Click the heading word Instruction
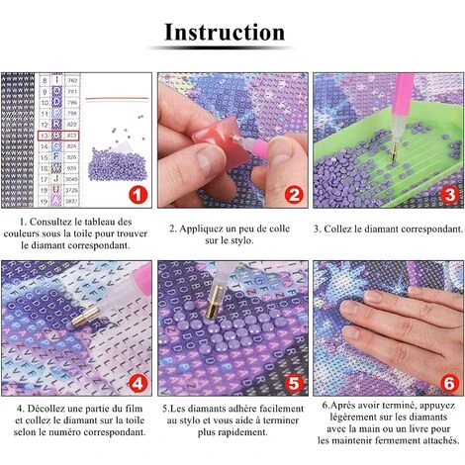coord(225,33)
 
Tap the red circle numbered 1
coord(138,195)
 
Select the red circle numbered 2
coord(294,195)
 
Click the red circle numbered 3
coord(450,195)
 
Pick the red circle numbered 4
coord(138,383)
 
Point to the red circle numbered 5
coord(294,383)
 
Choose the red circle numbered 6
coord(450,383)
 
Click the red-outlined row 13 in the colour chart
coord(58,136)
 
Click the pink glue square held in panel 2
coord(219,139)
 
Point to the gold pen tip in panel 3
coord(394,153)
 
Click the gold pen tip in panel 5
coord(214,302)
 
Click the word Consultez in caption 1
coord(48,222)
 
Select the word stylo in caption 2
coord(242,241)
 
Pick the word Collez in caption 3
coord(337,229)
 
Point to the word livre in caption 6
coord(411,429)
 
